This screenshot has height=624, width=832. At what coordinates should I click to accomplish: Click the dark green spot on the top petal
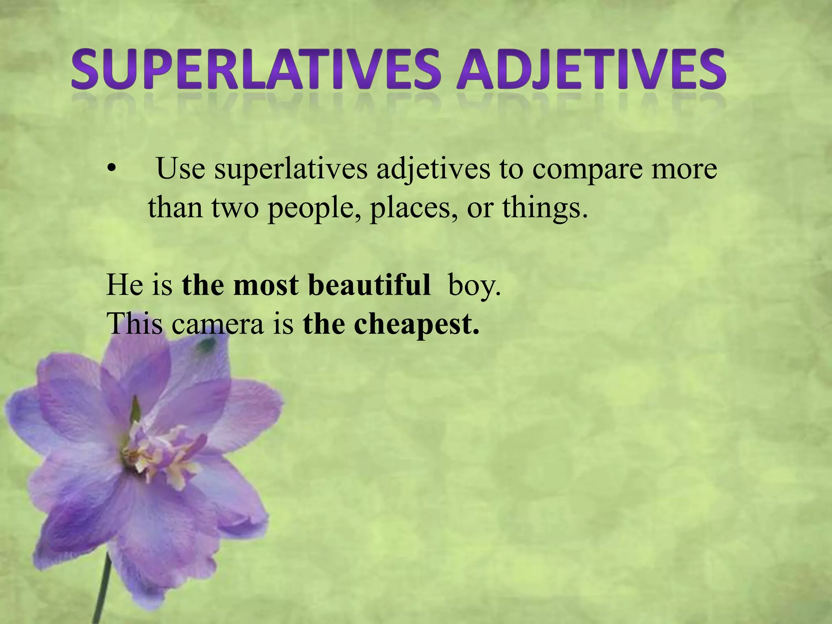click(x=207, y=345)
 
